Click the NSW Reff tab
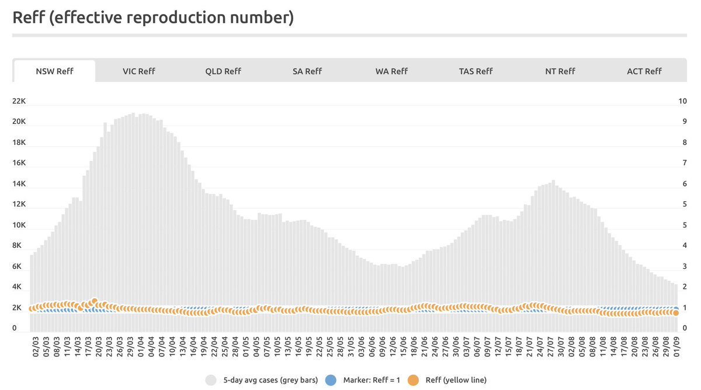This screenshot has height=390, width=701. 54,71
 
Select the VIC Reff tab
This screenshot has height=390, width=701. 138,71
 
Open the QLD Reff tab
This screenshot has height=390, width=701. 223,71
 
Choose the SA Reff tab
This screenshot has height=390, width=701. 307,71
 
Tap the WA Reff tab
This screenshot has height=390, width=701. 391,71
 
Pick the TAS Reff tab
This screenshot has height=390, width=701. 476,71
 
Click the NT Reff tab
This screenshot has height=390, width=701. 560,71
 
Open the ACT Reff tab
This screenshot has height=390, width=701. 644,71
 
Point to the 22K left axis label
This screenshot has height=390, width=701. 19,101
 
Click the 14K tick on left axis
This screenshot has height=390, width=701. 19,184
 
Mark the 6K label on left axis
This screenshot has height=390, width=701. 17,266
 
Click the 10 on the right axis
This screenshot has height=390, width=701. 682,101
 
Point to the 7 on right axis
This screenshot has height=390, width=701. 685,163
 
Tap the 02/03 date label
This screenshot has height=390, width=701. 36,347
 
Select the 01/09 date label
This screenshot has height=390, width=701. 676,347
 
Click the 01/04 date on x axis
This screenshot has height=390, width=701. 141,347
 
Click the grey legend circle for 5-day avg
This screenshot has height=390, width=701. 211,380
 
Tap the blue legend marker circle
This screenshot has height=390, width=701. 331,380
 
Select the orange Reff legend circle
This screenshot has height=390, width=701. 413,380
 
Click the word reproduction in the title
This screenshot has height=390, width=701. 176,18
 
